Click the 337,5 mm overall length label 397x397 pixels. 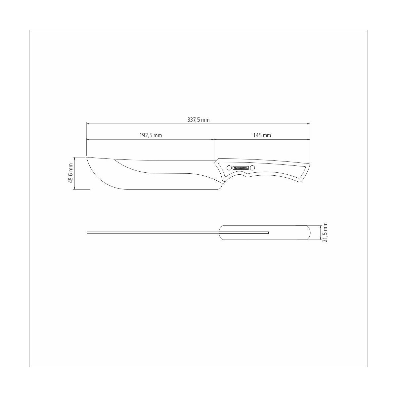(x=198, y=120)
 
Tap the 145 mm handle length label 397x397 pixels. (x=262, y=135)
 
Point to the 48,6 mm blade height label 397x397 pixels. (x=70, y=173)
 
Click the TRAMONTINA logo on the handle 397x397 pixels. (x=241, y=168)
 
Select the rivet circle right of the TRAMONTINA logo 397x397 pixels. (x=252, y=168)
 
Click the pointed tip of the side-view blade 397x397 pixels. (x=87, y=157)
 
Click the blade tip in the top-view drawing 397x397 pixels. (x=87, y=233)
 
